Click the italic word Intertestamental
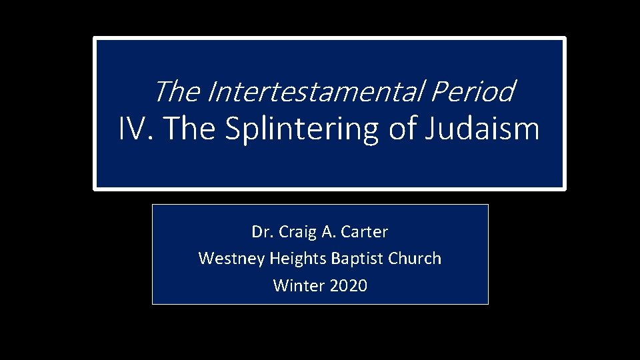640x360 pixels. click(x=315, y=92)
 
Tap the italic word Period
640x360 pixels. click(x=471, y=92)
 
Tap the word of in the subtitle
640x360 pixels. click(x=402, y=128)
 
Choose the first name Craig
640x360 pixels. click(x=294, y=232)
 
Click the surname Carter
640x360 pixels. click(x=365, y=232)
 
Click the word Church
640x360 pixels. click(x=415, y=259)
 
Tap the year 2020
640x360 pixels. click(x=348, y=286)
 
